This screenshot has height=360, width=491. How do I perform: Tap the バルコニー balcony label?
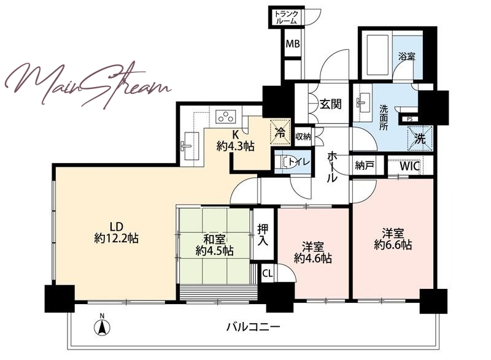coord(253,327)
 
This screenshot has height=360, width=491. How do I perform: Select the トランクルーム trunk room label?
coord(286,18)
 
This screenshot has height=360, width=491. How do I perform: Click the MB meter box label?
coord(293,44)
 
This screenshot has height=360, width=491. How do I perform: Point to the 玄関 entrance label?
coord(330,104)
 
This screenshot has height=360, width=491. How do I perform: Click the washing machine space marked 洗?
coord(420,139)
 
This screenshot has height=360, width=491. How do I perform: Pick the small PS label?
coord(409,119)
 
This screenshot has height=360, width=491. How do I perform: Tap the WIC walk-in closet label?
coord(409,166)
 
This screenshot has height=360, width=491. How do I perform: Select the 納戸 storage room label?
coord(365,166)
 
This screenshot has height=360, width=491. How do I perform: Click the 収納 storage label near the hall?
coord(303,136)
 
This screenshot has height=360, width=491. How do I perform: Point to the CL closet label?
coord(268,274)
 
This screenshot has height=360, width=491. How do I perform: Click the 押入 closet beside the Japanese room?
coord(263,234)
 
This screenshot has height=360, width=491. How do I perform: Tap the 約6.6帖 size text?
coord(393,245)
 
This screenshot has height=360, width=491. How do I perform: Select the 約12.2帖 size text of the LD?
coord(116,239)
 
